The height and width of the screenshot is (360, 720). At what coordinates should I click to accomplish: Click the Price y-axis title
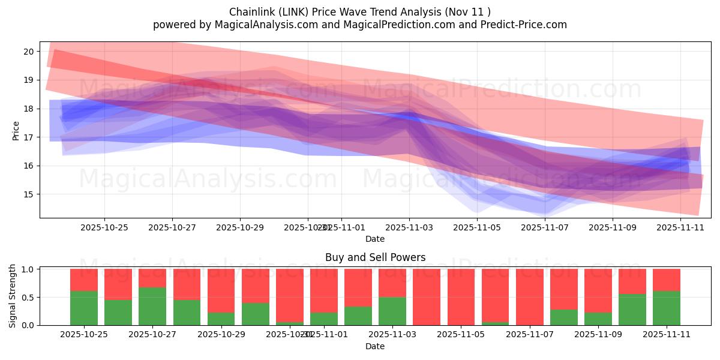16,130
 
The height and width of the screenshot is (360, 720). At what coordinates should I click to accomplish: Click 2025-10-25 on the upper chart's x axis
104,228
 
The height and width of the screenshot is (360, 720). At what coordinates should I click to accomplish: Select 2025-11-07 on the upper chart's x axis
545,228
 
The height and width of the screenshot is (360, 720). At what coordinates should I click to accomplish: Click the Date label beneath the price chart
375,239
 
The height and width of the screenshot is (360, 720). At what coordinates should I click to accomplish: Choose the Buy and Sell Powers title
375,257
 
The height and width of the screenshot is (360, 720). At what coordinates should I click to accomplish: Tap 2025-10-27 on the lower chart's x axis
152,335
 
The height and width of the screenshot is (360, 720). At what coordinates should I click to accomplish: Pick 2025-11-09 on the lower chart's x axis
598,335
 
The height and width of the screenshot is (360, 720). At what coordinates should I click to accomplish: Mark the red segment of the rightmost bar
667,280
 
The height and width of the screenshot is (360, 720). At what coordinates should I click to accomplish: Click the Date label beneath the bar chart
375,346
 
